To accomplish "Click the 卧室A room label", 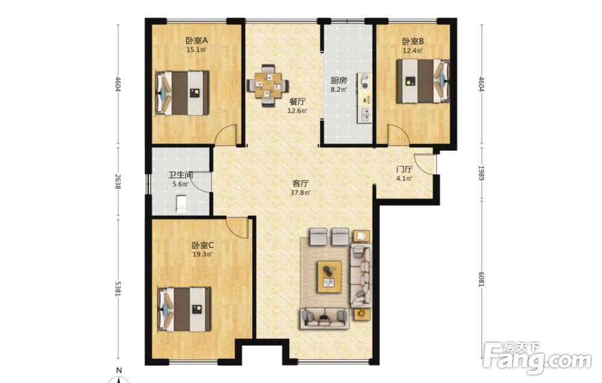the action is coord(197,40).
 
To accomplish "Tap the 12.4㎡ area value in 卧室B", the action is coord(413,51).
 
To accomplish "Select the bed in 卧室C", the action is coord(184,309).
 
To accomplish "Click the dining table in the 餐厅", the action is coord(268,85).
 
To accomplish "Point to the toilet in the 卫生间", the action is coord(181,204).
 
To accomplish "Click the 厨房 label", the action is coord(338,81).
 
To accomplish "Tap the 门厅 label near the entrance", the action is coord(405,169).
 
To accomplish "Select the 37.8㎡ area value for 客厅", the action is coord(300,192).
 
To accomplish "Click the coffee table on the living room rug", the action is coord(329,277).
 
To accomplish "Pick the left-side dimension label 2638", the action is coord(118,182).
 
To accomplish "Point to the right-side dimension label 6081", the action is coord(482,279).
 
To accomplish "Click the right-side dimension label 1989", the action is coord(482,173).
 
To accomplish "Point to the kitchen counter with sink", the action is coord(365,98).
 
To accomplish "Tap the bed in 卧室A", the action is coord(182,93).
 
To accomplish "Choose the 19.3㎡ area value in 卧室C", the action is coord(202,254).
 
